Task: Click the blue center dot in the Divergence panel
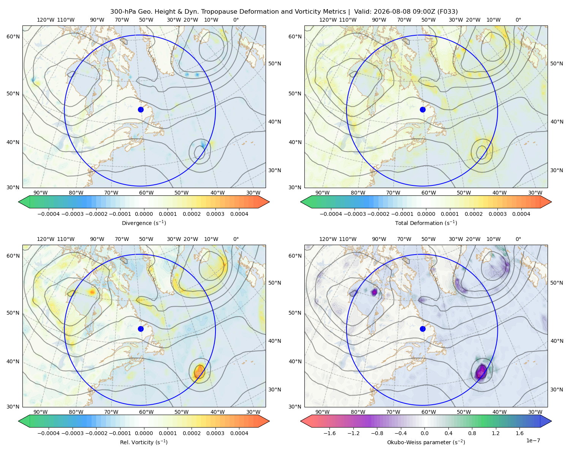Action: point(141,109)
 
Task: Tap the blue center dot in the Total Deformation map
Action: point(423,109)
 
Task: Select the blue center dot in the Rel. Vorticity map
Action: point(141,329)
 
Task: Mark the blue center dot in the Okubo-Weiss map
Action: point(423,329)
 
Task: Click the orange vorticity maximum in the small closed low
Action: point(199,371)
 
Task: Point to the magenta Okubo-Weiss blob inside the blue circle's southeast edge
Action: point(481,372)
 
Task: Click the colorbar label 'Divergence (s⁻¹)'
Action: point(144,223)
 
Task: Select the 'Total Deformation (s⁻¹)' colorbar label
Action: point(426,223)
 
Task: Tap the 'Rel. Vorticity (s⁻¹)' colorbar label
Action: point(144,442)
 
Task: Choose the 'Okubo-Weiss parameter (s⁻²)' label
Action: point(426,442)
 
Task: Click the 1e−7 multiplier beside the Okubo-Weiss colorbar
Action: point(533,440)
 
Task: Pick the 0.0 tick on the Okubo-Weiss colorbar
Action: point(424,433)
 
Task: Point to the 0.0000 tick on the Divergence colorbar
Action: point(144,214)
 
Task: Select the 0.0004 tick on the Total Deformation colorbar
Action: point(521,214)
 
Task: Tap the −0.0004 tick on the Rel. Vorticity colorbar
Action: point(49,433)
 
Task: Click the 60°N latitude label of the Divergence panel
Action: point(13,36)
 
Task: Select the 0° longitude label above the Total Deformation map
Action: point(518,20)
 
